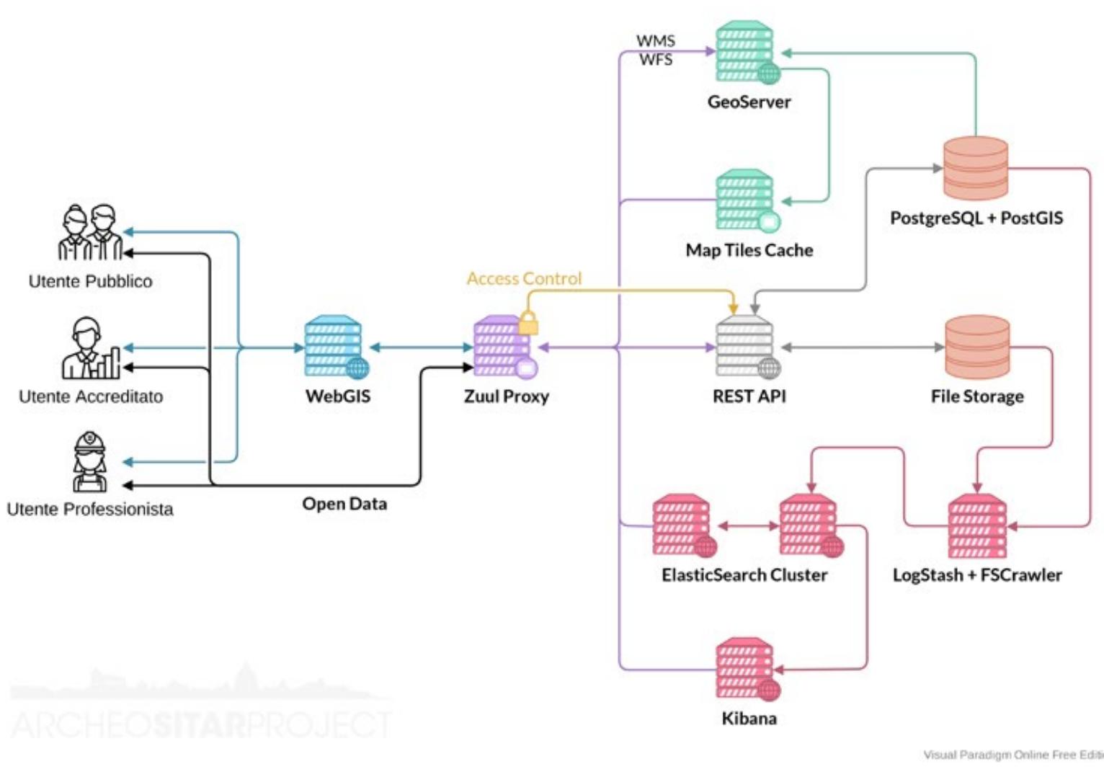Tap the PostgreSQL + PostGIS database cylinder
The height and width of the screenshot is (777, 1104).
pyautogui.click(x=976, y=169)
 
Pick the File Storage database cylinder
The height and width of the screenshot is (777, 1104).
pyautogui.click(x=976, y=347)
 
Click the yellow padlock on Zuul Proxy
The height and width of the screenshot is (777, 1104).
pyautogui.click(x=528, y=324)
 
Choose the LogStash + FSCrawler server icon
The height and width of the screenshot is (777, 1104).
pyautogui.click(x=976, y=526)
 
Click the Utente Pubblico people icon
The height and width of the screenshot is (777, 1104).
pyautogui.click(x=90, y=232)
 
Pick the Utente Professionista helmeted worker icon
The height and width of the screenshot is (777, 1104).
pyautogui.click(x=89, y=461)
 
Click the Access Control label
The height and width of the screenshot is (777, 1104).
pyautogui.click(x=524, y=278)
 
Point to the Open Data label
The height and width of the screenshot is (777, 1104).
pyautogui.click(x=344, y=504)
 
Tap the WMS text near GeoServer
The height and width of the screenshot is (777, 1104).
pyautogui.click(x=655, y=40)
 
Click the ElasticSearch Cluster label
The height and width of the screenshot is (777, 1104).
pyautogui.click(x=744, y=575)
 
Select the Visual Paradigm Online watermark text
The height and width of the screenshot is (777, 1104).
pyautogui.click(x=1012, y=755)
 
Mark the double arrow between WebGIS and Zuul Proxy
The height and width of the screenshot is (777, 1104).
pyautogui.click(x=421, y=347)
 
